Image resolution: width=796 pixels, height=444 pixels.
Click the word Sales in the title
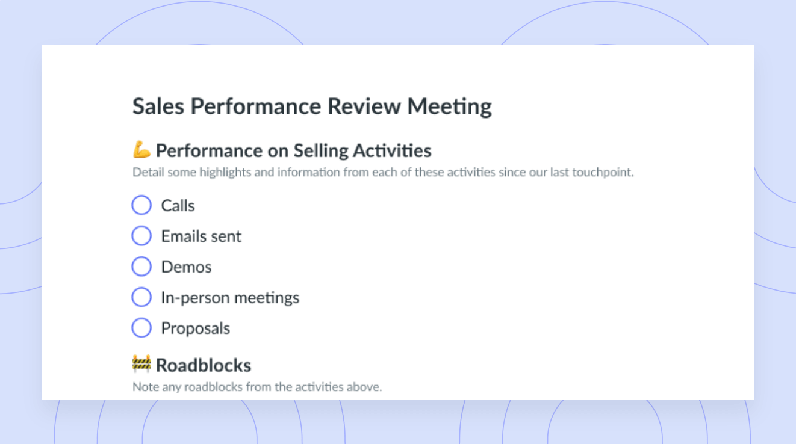158,106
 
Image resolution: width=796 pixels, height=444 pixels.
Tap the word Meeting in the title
449,107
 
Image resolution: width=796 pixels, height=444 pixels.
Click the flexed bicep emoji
141,149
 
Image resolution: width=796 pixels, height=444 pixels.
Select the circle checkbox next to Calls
141,205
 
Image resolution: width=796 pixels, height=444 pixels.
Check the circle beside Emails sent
141,235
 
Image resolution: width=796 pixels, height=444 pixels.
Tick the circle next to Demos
141,267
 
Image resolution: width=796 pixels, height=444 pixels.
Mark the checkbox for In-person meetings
141,297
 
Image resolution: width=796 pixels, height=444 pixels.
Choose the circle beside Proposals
141,327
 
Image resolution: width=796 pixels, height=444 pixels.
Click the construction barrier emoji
141,364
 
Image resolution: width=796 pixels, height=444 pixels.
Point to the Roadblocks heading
204,365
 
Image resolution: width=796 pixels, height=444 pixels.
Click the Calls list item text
178,205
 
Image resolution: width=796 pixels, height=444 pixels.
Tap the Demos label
186,267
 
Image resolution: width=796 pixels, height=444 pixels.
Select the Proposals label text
196,328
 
